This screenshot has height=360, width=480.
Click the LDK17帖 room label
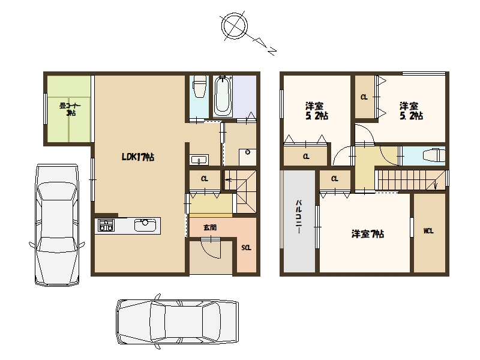point(138,157)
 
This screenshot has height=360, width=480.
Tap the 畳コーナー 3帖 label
point(70,109)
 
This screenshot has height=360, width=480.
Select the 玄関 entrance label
point(210,227)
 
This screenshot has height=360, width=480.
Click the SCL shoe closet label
point(246,248)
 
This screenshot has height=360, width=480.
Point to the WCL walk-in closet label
point(428,231)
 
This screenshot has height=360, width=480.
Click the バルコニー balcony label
point(298,217)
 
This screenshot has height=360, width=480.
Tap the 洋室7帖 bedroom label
point(368,234)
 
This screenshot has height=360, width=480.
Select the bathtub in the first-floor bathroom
point(223,95)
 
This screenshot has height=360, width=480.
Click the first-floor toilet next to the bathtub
point(199,86)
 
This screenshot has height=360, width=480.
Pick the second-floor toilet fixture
point(434,155)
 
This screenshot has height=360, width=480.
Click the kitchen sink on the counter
point(145,226)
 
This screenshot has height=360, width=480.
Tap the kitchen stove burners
point(106,226)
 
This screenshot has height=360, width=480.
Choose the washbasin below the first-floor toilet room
point(199,160)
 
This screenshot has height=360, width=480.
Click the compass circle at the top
point(235,26)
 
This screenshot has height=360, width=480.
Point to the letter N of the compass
point(272,51)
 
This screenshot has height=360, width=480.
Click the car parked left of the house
point(57,225)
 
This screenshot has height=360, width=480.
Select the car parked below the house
point(177,322)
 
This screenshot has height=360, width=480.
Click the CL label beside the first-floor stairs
point(205,179)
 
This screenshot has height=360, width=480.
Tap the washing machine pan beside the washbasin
point(247,157)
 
